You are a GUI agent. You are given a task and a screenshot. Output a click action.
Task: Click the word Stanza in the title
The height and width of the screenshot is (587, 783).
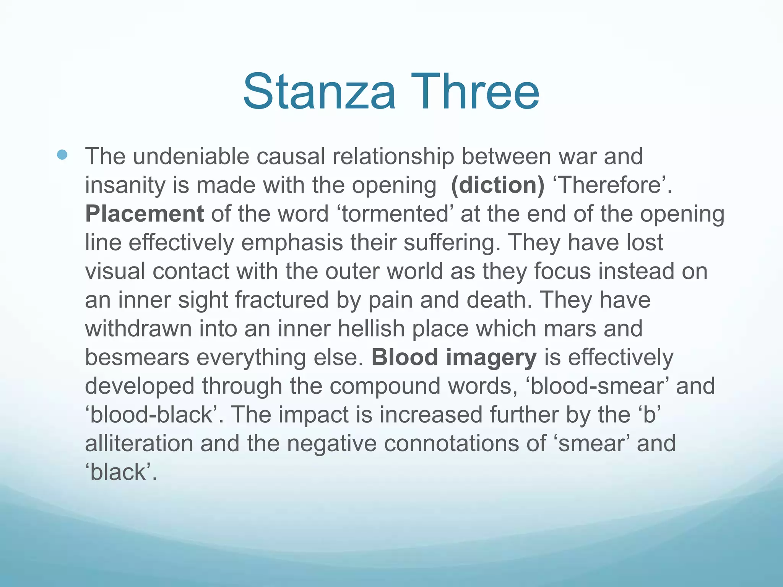(319, 92)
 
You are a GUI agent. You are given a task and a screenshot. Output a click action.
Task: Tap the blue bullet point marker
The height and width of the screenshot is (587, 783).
(62, 155)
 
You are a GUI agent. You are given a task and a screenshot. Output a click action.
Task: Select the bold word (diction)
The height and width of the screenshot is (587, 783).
(497, 185)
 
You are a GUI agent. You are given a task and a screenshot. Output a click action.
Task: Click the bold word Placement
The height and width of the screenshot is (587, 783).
(144, 214)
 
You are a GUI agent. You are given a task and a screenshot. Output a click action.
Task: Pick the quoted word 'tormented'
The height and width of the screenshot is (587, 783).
(394, 214)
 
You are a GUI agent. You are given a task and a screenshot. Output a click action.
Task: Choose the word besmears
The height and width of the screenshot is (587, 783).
(137, 357)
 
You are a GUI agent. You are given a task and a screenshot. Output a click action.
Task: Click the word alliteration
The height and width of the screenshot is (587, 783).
(139, 443)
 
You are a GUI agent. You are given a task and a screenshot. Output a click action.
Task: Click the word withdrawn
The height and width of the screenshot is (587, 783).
(138, 329)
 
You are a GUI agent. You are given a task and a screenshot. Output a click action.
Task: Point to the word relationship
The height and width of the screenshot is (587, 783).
(393, 156)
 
